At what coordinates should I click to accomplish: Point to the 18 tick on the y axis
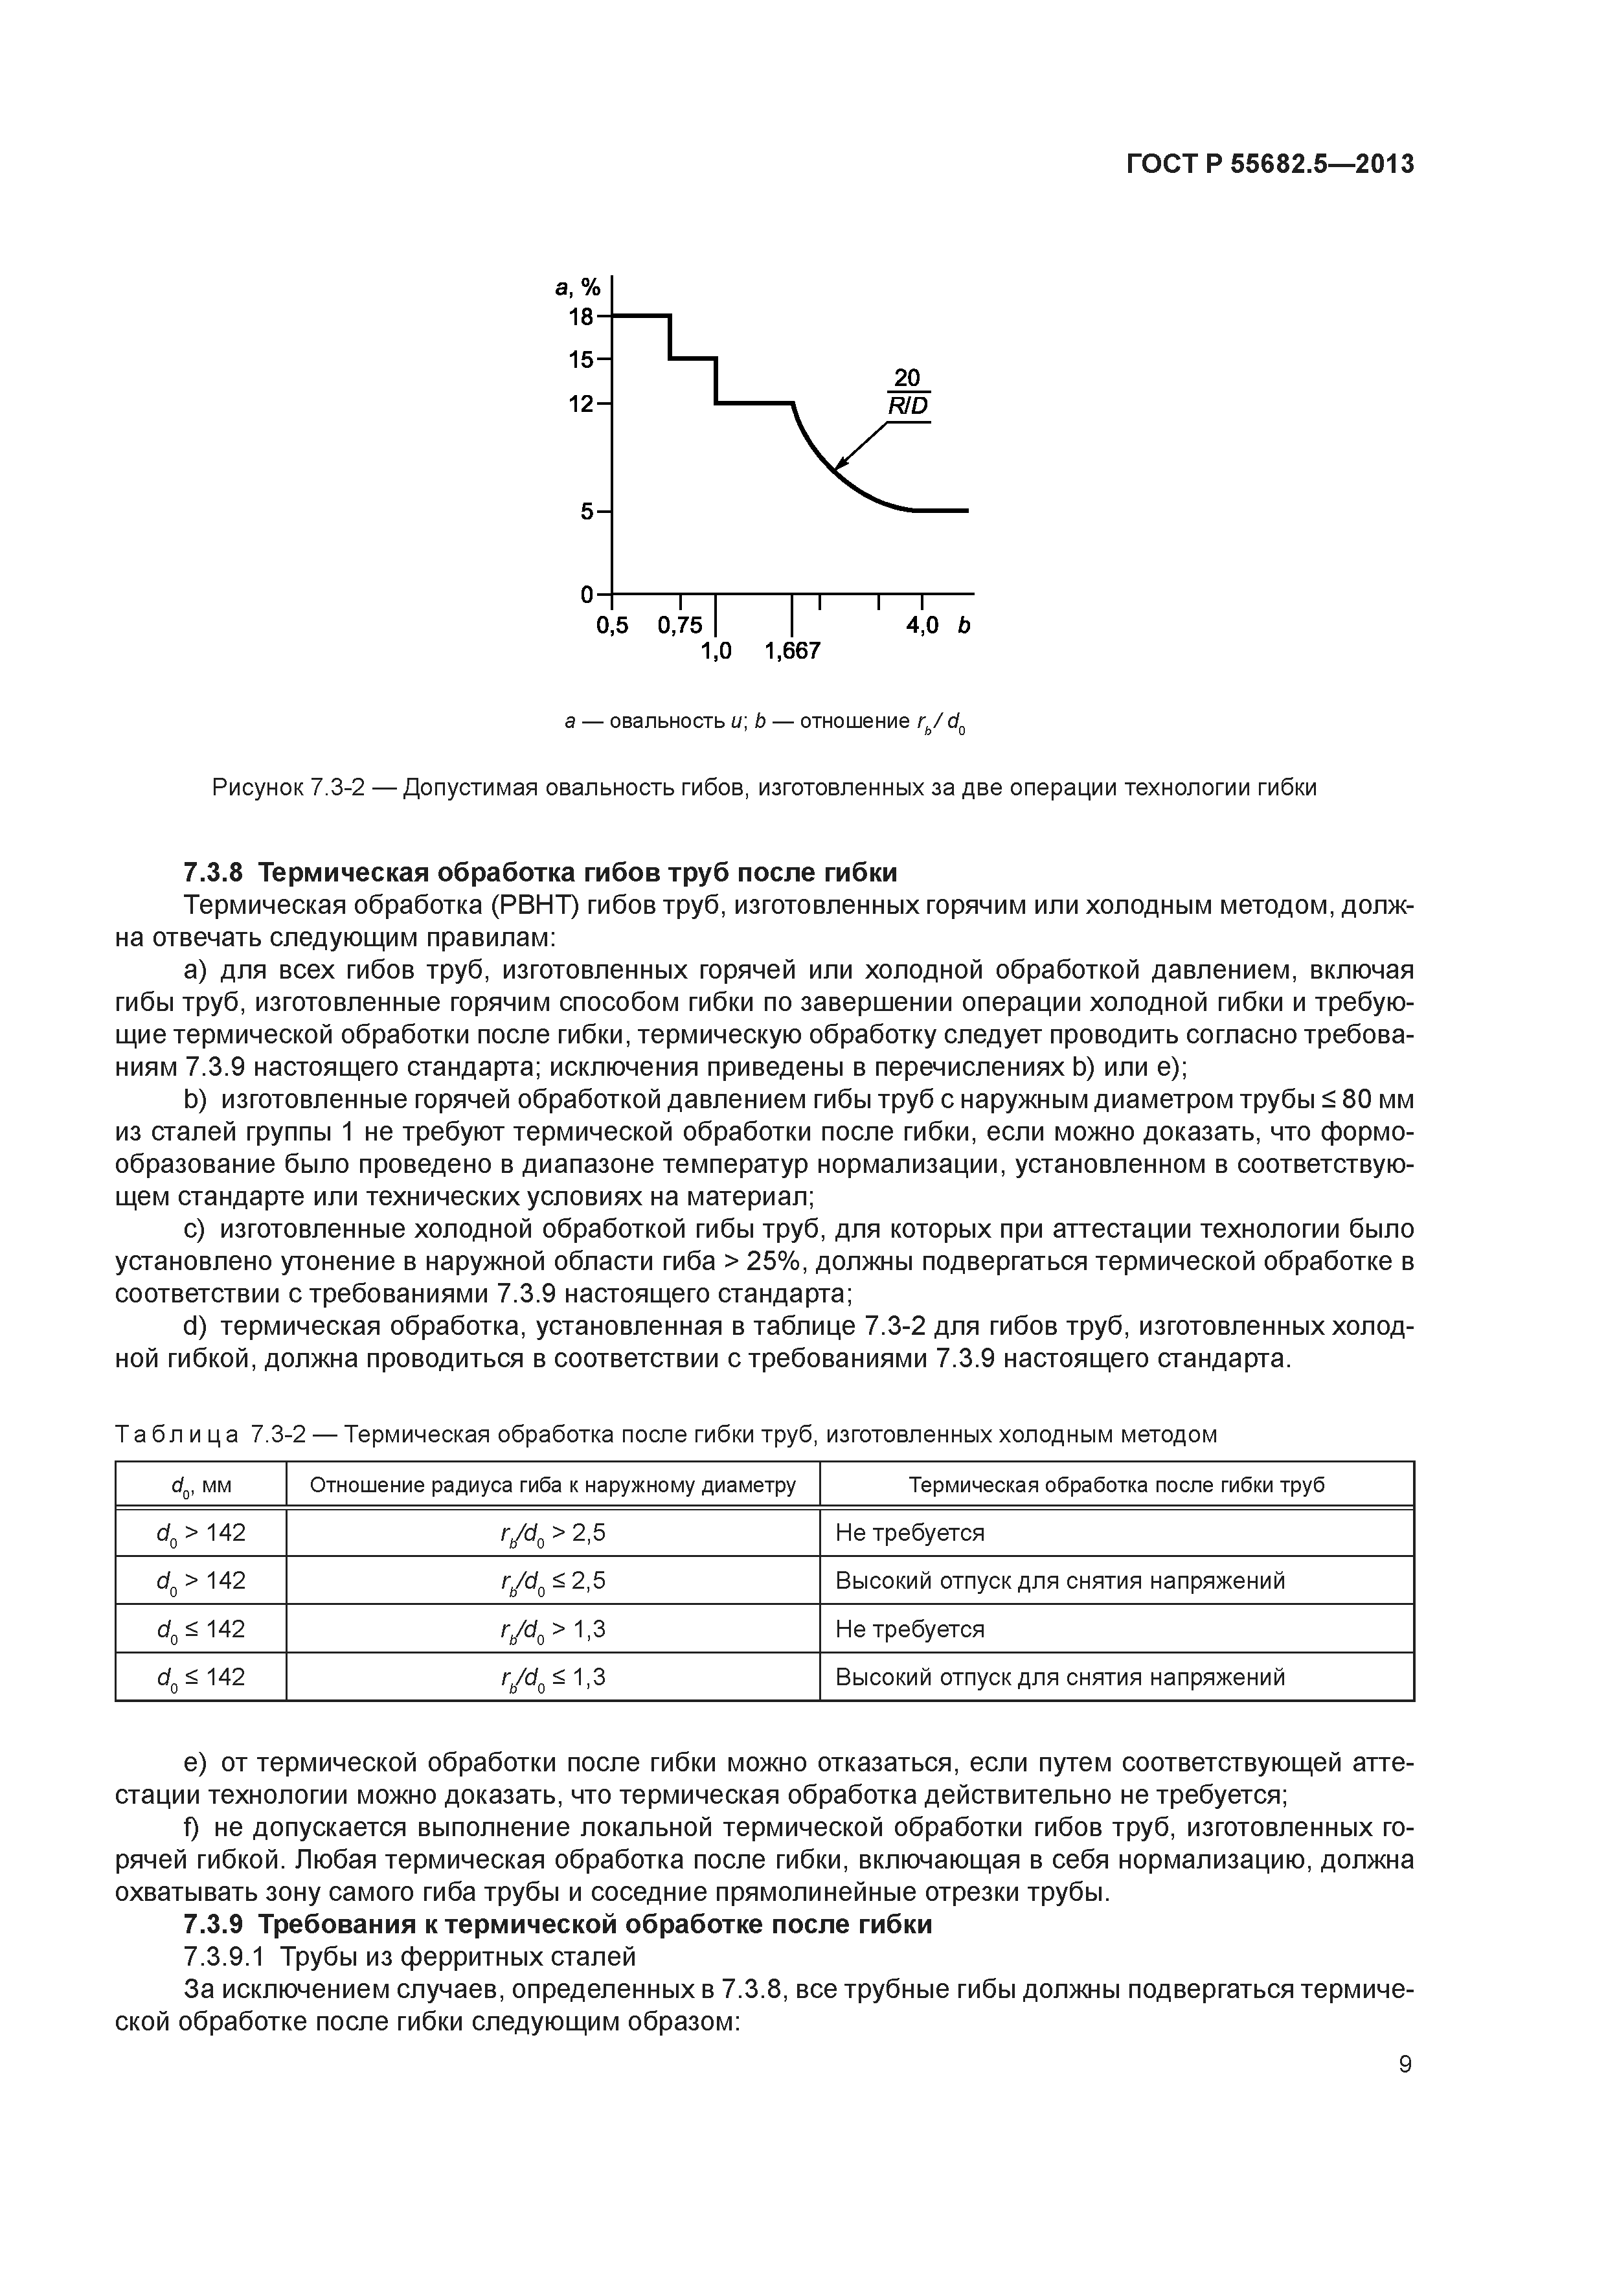coord(581,317)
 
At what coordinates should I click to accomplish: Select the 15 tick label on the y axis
coord(581,359)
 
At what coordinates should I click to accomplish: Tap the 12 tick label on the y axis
coord(581,403)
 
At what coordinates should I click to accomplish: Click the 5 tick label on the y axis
coord(587,512)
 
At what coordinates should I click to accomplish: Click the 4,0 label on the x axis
coord(922,626)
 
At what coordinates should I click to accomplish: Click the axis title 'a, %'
coord(578,288)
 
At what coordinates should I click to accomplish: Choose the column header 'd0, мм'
coord(201,1485)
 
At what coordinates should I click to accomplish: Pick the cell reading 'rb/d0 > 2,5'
coord(552,1534)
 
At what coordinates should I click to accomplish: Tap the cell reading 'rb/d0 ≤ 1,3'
coord(552,1677)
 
